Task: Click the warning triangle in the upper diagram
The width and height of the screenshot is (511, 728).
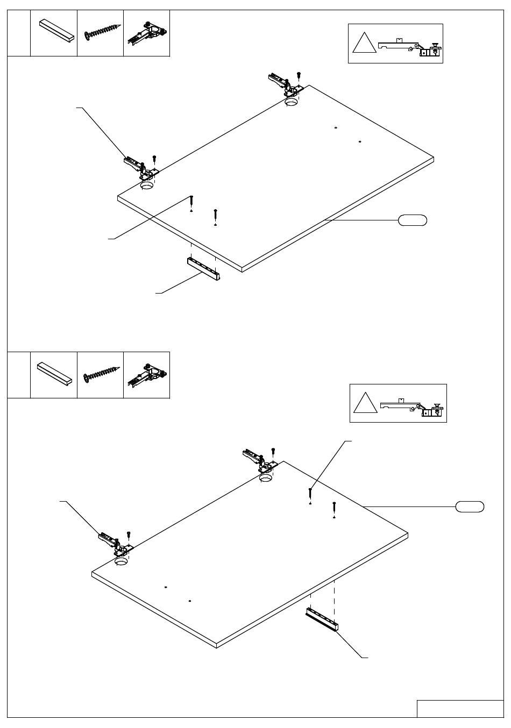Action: click(364, 44)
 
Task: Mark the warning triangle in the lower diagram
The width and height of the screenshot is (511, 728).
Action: click(365, 403)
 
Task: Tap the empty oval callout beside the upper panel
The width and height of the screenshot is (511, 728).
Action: click(413, 220)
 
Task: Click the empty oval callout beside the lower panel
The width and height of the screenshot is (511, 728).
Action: click(470, 506)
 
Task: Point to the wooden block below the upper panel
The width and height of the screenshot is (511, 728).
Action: click(204, 268)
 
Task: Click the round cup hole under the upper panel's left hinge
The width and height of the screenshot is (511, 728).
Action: click(147, 185)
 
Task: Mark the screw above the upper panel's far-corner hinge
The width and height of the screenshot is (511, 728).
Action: click(299, 75)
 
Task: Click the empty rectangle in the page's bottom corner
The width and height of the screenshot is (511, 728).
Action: click(460, 709)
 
